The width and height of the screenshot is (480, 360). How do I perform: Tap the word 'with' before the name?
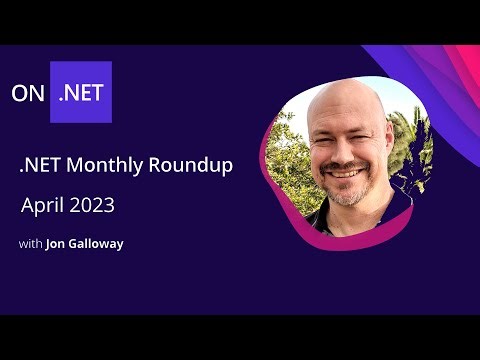click(30, 243)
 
